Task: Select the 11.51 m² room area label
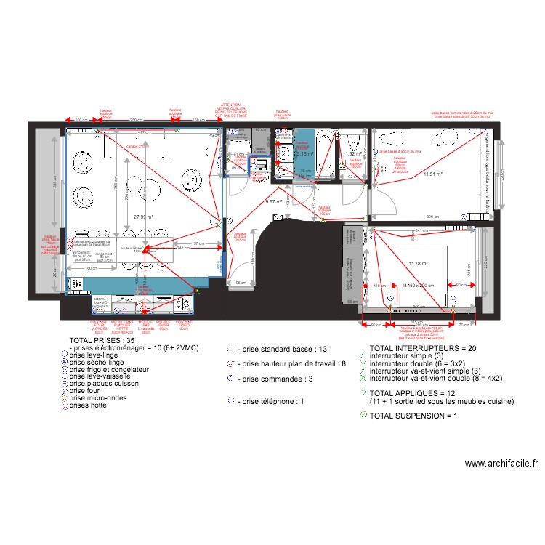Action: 434,174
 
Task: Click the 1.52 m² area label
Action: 354,154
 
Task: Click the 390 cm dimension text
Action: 433,217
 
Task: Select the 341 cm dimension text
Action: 421,231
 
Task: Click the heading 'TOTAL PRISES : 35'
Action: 102,340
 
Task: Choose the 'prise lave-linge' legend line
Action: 97,355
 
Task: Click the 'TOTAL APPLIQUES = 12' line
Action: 411,393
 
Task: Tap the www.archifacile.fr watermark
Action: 501,464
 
